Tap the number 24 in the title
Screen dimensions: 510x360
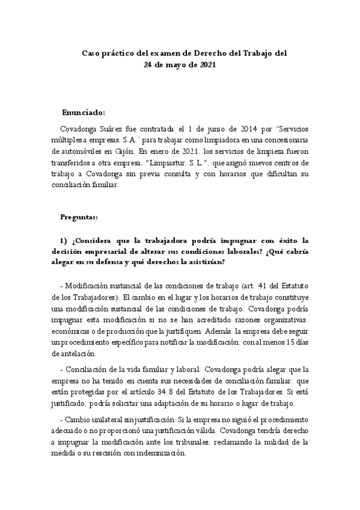click(149, 64)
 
